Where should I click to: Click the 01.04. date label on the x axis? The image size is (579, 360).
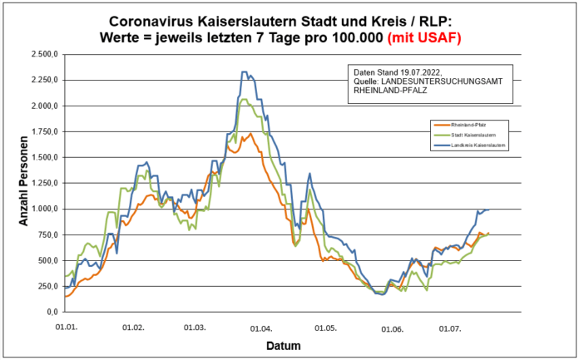coord(261,328)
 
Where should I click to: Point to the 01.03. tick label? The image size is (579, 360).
coord(195,328)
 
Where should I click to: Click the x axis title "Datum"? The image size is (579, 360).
coord(284,345)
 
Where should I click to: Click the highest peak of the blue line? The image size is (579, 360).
coord(244,72)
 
